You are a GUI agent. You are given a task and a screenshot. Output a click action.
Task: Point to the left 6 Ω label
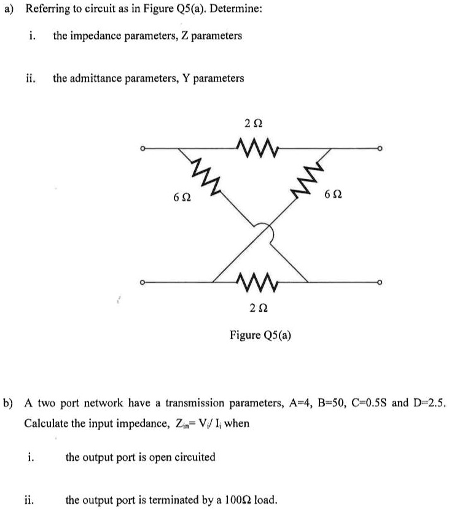(182, 199)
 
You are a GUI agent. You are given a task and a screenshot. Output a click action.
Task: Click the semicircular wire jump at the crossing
(263, 232)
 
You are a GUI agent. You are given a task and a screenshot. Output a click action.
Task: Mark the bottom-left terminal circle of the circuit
(142, 283)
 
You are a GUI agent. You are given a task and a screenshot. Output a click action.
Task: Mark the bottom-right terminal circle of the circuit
(381, 283)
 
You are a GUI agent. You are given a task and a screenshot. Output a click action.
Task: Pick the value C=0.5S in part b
(369, 403)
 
